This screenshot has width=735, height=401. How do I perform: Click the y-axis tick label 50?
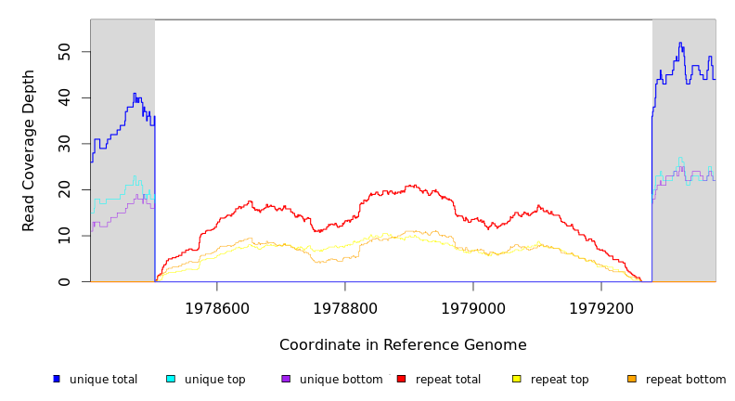pos(63,52)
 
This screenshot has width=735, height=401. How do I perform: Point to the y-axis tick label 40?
pos(63,97)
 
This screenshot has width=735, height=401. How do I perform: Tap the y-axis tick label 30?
pos(63,144)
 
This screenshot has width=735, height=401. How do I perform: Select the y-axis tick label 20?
pos(63,189)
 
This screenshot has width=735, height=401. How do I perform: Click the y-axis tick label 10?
pos(63,236)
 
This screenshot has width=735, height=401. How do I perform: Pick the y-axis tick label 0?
pos(63,281)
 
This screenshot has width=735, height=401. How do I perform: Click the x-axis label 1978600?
pos(217,308)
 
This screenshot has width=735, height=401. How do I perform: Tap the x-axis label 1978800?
pos(345,308)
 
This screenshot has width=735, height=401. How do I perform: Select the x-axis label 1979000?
pos(473,308)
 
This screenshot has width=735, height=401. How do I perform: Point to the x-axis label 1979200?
pos(601,308)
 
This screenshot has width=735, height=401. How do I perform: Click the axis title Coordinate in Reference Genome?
pos(403,345)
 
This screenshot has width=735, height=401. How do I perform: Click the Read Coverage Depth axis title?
pos(30,150)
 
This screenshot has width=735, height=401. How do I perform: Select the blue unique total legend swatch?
pos(57,379)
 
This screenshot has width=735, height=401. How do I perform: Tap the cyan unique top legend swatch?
pos(171,379)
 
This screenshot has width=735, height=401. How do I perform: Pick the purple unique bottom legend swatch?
pos(286,379)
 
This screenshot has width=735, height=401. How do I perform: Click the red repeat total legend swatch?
pos(401,379)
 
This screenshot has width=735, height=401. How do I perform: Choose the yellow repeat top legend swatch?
pos(517,379)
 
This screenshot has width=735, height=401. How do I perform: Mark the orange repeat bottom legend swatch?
pos(632,379)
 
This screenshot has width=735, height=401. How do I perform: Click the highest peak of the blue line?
pos(680,43)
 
